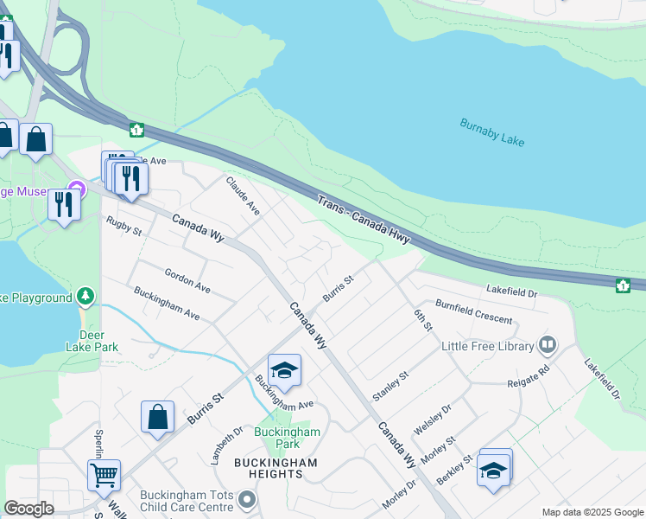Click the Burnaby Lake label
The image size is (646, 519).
pos(492,131)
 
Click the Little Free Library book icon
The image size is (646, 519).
pos(547,346)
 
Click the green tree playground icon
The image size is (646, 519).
pos(85,298)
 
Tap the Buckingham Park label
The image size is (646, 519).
pos(288,438)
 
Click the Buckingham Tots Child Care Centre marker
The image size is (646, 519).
pos(248,499)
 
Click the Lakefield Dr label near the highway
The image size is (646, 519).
pos(511,293)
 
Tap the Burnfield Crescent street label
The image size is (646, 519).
pos(473,312)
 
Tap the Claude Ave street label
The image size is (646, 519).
pos(243,195)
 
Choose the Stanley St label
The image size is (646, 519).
pos(389,385)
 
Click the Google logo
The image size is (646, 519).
pos(29,509)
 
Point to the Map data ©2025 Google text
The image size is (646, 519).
pos(592,512)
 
